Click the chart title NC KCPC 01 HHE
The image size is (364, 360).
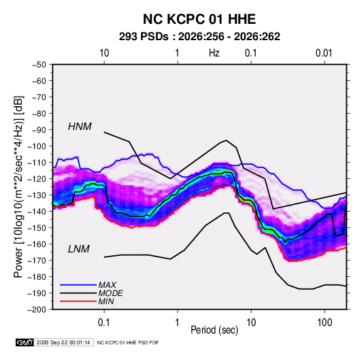[199, 19]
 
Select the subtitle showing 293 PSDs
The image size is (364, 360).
[199, 37]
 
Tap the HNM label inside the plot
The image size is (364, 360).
[80, 127]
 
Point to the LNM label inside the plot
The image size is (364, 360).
[79, 249]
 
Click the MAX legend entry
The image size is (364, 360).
[107, 284]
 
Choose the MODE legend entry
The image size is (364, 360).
[110, 293]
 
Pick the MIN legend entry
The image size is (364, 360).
[106, 301]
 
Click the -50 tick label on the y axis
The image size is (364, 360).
[39, 65]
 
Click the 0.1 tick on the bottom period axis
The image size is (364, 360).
[104, 322]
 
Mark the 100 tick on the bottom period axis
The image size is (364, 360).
[325, 322]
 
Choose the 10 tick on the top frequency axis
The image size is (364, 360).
[104, 53]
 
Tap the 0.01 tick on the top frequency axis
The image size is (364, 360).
[324, 53]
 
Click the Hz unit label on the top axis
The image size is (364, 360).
[214, 53]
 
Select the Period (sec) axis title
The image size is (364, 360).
[214, 330]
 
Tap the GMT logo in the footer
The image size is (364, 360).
[25, 342]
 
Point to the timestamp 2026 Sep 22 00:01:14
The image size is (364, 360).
[63, 342]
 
